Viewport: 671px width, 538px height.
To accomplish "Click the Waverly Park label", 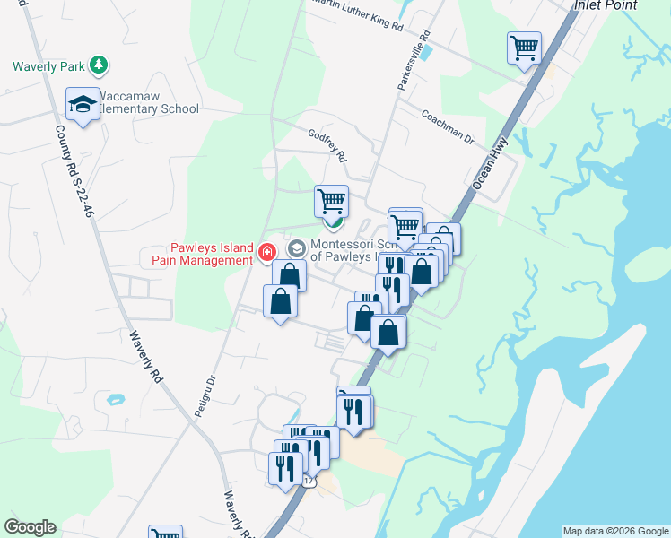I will (x=49, y=65).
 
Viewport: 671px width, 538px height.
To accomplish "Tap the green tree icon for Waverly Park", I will (x=99, y=65).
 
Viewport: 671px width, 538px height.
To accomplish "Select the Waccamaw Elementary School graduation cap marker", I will (x=83, y=104).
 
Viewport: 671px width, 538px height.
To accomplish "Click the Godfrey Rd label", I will (x=327, y=143).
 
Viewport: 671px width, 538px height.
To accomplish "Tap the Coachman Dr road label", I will (x=447, y=126).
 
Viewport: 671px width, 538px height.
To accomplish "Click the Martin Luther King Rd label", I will (x=356, y=15).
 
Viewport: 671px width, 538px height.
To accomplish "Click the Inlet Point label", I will (x=606, y=5).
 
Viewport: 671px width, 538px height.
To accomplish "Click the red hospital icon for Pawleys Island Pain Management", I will (x=266, y=253).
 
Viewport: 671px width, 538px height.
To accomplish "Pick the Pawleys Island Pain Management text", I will (x=197, y=254).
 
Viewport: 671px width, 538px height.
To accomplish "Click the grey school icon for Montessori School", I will (x=296, y=247).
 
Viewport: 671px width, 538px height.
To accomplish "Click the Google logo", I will (x=30, y=527).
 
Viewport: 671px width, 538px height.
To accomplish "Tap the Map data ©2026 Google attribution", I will (x=615, y=531).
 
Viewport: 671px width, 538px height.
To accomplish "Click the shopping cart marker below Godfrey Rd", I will (x=331, y=200).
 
